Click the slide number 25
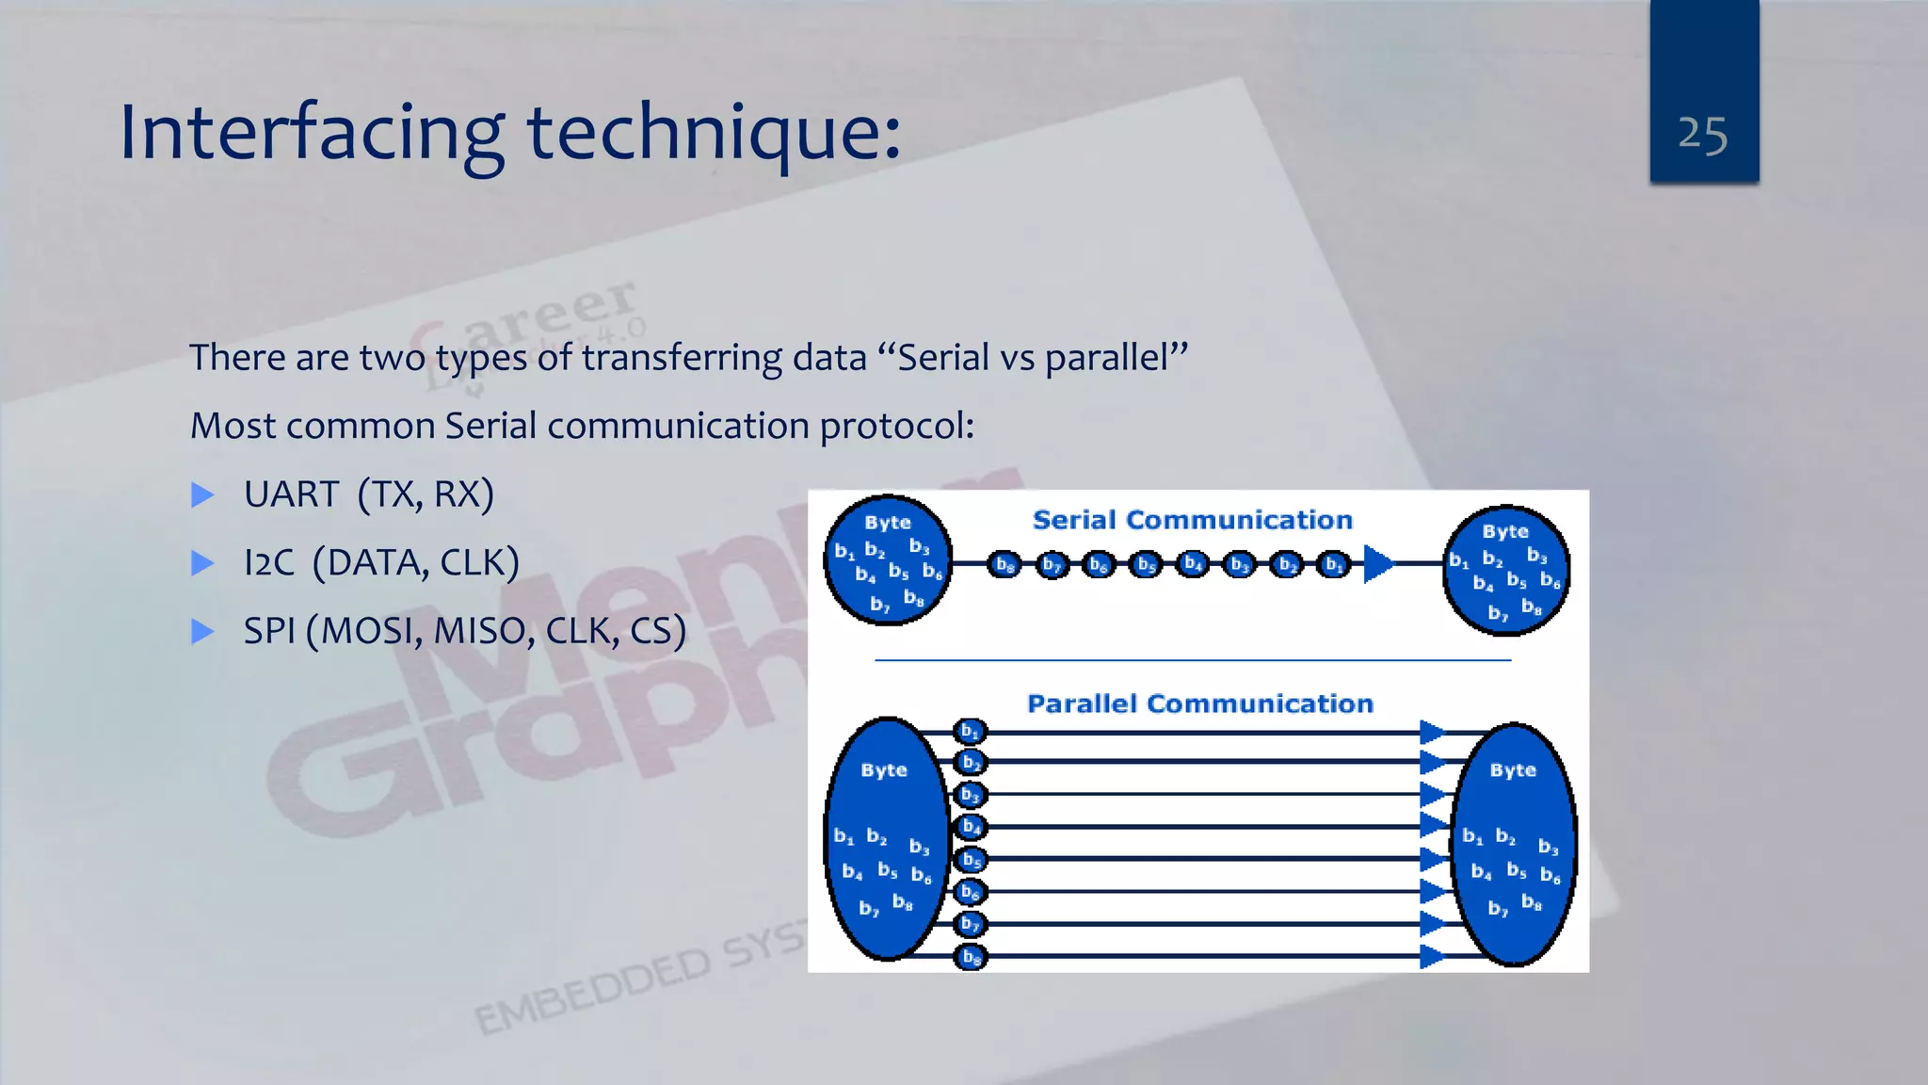coord(1702,135)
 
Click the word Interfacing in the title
coord(312,132)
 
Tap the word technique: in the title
coord(714,132)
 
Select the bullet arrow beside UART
coord(202,494)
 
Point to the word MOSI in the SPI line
coord(372,630)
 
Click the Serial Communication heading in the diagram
coord(1192,520)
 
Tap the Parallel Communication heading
coord(1199,704)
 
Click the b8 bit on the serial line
coord(1004,565)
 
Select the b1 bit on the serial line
coord(1333,565)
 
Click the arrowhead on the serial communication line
coord(1377,563)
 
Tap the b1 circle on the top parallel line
coord(970,731)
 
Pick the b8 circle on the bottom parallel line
coord(970,957)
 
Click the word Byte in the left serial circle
coord(887,523)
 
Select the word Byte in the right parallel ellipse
coord(1512,770)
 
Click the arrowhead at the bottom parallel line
coord(1431,957)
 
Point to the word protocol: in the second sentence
coord(896,426)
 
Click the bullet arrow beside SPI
coord(202,631)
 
